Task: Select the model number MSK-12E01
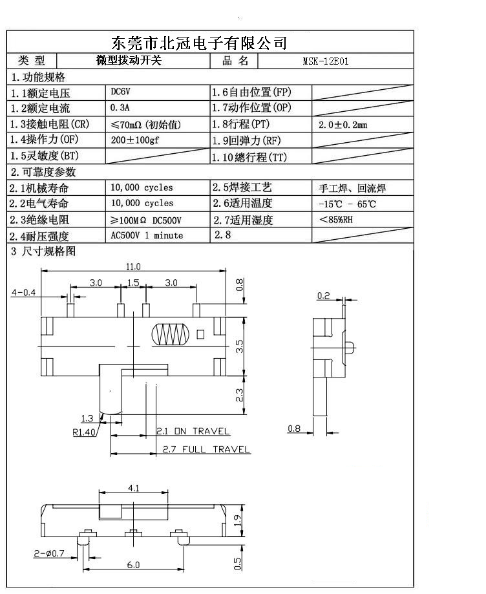tap(326, 62)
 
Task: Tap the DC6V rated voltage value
tap(121, 92)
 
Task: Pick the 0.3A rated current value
tap(121, 108)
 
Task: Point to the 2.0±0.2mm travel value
tap(343, 125)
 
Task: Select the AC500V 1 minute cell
tap(147, 235)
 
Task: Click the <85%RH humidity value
tap(336, 220)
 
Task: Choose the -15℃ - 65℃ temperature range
tap(347, 204)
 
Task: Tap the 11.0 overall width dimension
tap(133, 266)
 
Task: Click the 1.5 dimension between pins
tap(133, 282)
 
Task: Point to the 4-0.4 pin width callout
tap(23, 293)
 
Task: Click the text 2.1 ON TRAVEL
tap(193, 431)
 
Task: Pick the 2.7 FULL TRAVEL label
tap(206, 449)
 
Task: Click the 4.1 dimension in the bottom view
tap(134, 488)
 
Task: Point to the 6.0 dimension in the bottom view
tap(133, 566)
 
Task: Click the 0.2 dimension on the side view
tap(323, 296)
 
